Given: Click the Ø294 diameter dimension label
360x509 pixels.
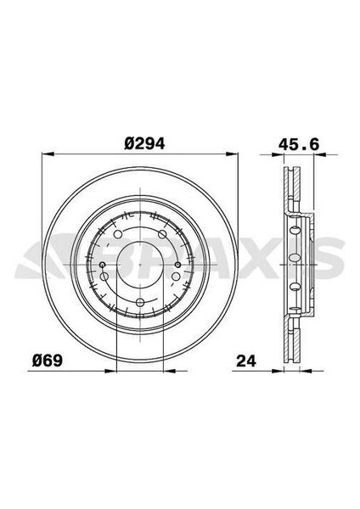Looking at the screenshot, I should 143,144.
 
